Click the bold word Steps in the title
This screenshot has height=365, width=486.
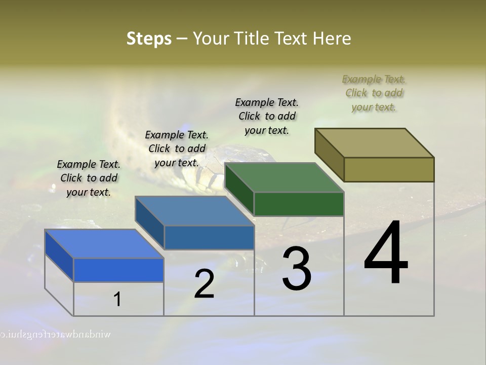(x=149, y=39)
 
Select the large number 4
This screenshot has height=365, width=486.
(x=386, y=253)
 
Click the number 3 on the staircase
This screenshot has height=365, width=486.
(x=297, y=269)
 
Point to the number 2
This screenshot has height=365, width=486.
(x=204, y=284)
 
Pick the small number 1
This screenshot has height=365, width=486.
(x=117, y=300)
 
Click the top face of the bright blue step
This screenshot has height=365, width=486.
(x=104, y=244)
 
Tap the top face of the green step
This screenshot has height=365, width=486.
(x=283, y=177)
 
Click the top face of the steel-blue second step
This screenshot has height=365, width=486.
(x=194, y=211)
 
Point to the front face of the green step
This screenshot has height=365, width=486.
(x=299, y=204)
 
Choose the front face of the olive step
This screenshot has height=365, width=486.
(x=389, y=169)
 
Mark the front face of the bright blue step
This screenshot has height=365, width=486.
(x=118, y=270)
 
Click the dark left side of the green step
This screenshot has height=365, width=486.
(x=239, y=188)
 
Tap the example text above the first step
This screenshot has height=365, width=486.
(x=89, y=178)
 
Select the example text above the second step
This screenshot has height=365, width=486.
(x=177, y=149)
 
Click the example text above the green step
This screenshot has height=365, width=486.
(x=267, y=116)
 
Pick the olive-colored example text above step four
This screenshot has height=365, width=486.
(x=374, y=93)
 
